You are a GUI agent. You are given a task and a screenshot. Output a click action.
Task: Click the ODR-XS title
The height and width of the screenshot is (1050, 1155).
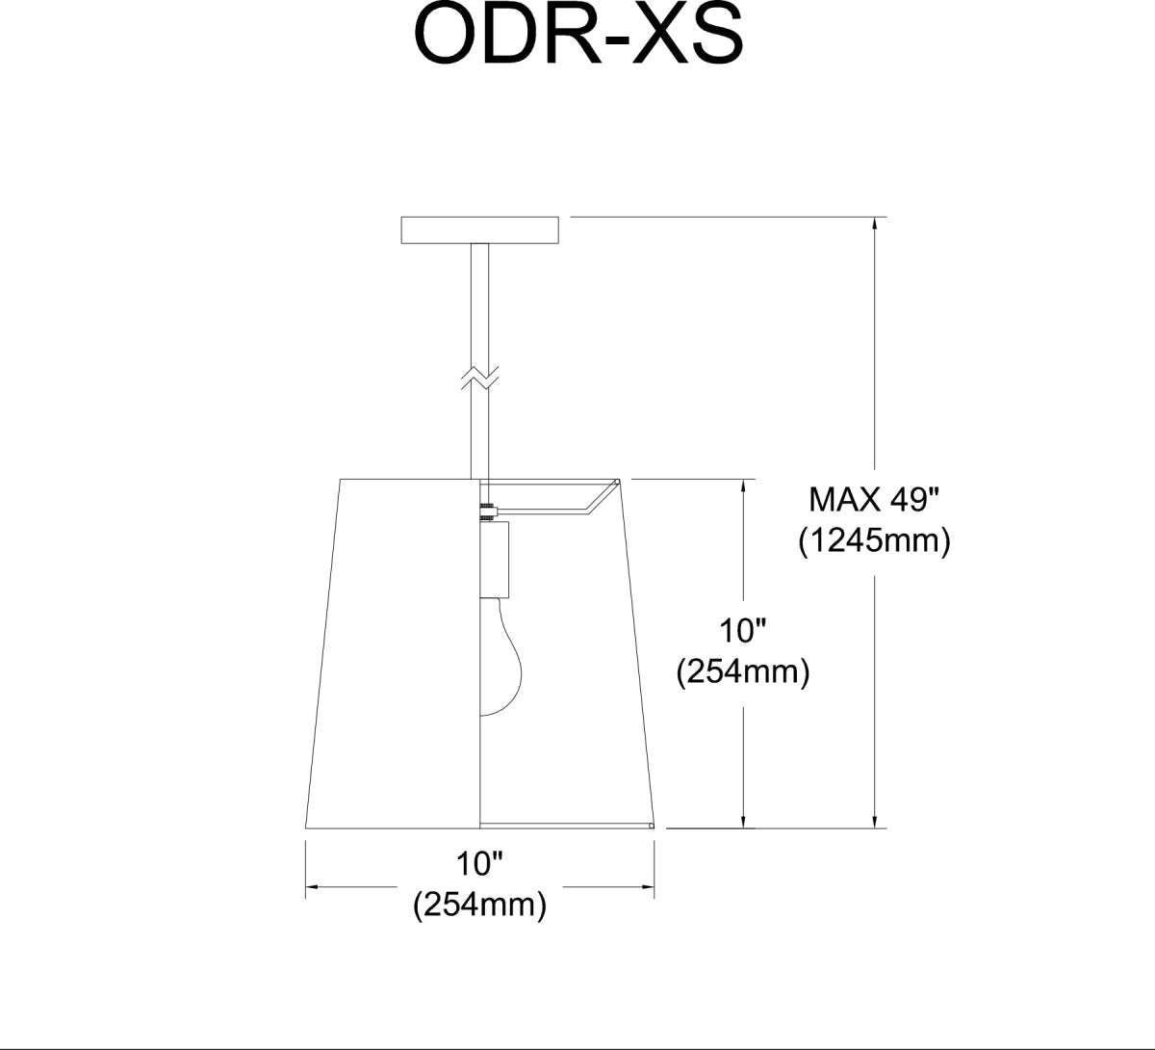tap(578, 36)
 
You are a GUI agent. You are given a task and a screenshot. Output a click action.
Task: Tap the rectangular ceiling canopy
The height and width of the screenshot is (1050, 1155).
tap(479, 230)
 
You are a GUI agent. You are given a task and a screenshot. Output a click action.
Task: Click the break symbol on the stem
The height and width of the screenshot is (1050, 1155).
tap(479, 378)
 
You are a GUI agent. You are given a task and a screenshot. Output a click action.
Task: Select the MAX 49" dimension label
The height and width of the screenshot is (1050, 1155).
tap(874, 500)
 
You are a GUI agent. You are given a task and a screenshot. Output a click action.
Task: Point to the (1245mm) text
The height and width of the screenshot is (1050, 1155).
tap(874, 541)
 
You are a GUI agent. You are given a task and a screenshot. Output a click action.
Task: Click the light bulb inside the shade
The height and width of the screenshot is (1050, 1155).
tap(500, 657)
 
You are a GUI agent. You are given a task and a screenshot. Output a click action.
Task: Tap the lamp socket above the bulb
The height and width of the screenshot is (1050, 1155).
tap(495, 559)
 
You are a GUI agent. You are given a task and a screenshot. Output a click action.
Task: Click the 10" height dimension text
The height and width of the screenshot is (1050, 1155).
tap(743, 630)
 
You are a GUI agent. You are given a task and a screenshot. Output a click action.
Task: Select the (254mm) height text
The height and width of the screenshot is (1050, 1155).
tap(743, 672)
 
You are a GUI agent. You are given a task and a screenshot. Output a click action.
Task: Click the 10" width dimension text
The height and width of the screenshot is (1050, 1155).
tap(479, 864)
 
